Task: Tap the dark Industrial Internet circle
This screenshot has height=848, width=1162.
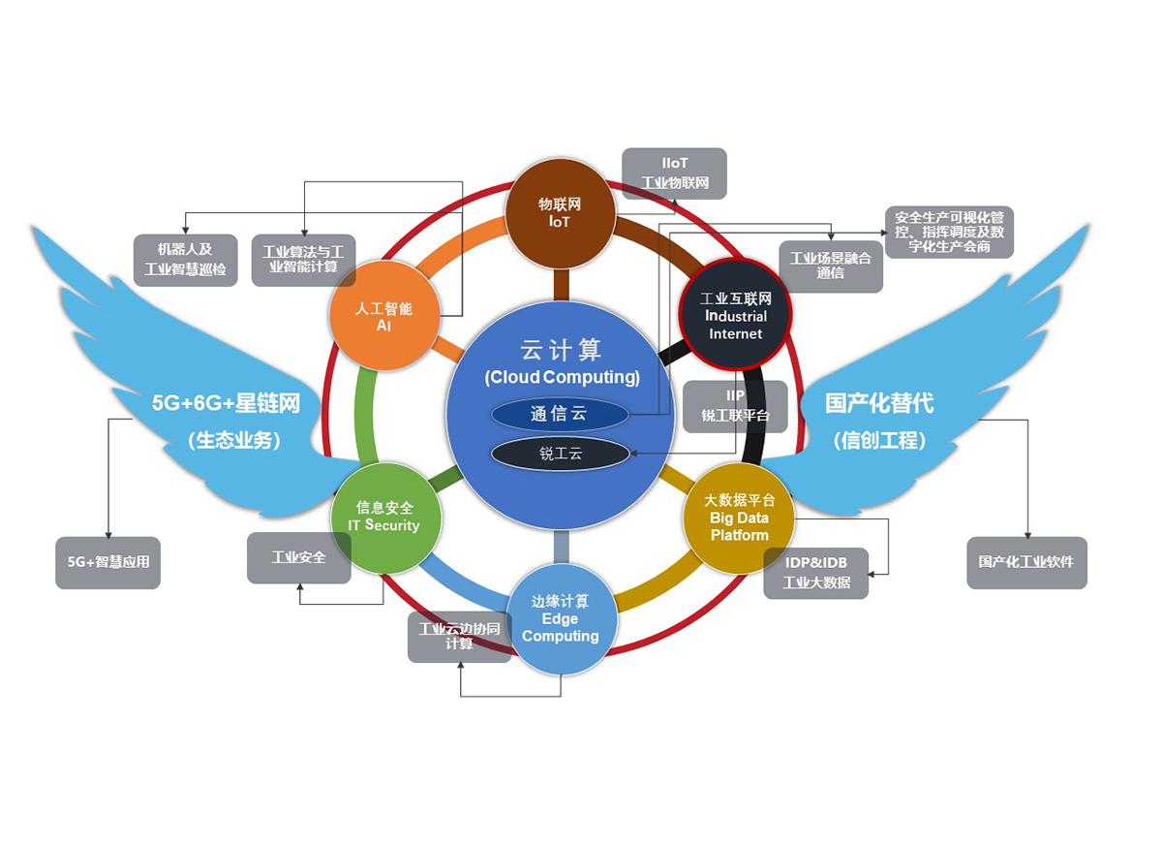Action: click(735, 316)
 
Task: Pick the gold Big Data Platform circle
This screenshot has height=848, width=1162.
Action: click(739, 518)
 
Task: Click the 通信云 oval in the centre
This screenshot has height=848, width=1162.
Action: click(559, 414)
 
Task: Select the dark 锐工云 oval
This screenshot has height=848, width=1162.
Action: click(560, 453)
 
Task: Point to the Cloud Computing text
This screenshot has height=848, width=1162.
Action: click(562, 377)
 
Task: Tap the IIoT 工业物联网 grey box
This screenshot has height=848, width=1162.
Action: click(674, 173)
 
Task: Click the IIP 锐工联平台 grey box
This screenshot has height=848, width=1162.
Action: click(735, 406)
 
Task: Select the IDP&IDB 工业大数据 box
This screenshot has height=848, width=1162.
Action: click(815, 573)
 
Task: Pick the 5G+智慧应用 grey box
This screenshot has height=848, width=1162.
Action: click(107, 561)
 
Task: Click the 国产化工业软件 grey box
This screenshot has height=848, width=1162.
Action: click(1026, 561)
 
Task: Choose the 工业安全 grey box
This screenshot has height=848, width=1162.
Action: click(298, 557)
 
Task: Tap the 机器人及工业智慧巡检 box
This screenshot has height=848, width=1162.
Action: click(185, 259)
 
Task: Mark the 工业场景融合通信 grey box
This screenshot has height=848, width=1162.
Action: click(830, 266)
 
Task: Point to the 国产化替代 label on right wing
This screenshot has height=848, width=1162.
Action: click(879, 403)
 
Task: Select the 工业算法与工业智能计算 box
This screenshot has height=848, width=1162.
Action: click(303, 259)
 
